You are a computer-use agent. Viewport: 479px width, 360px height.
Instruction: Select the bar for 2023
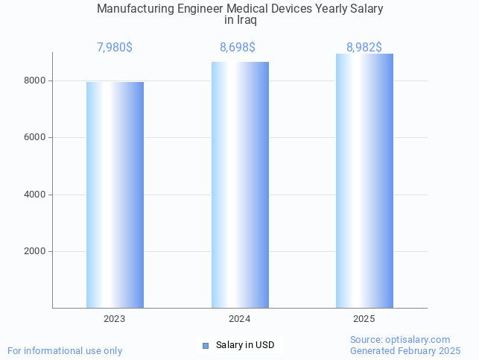(115, 195)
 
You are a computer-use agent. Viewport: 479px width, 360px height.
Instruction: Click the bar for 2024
(240, 185)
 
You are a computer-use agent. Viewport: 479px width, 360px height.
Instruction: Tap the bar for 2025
(364, 181)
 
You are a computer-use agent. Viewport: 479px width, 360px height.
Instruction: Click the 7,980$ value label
(115, 48)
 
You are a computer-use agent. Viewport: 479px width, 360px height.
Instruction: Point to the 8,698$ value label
(238, 48)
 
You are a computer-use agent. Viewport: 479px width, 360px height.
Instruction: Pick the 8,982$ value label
(364, 48)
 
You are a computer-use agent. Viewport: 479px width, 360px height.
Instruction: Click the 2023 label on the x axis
(115, 318)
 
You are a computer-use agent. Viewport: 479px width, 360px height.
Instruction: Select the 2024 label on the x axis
(240, 318)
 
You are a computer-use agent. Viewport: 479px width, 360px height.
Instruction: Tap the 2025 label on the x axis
(364, 318)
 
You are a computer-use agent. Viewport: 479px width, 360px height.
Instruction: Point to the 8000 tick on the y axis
(36, 80)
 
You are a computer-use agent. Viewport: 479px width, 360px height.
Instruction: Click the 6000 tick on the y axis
(36, 137)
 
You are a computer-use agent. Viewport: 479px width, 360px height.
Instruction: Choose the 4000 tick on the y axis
(36, 195)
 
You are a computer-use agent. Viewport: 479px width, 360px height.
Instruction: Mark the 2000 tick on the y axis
(36, 251)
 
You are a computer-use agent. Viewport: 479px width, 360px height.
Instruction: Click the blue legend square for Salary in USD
(206, 345)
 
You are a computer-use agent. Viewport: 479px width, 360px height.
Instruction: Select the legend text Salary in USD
(245, 345)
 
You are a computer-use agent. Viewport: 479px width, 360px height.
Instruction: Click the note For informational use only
(65, 350)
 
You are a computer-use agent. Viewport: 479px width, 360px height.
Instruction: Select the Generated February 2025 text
(405, 350)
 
